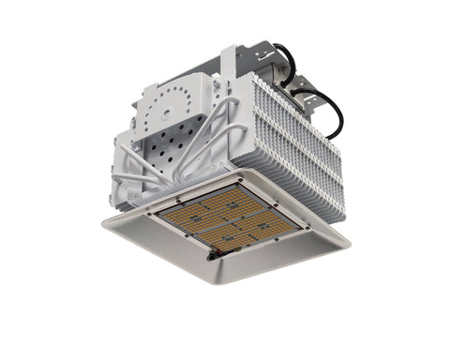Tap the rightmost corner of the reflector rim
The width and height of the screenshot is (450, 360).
tap(351, 245)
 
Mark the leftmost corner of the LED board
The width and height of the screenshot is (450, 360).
tap(155, 212)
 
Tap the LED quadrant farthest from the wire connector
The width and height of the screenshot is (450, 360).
tap(220, 198)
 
